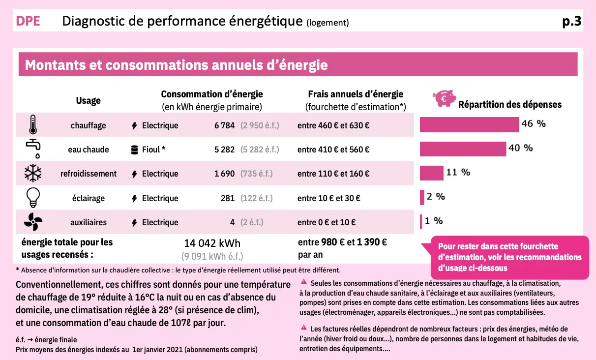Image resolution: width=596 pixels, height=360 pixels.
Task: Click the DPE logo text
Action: click(x=28, y=22)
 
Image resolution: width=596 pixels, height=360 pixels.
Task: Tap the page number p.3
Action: click(x=571, y=22)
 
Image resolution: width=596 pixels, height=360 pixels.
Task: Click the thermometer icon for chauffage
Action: click(x=33, y=125)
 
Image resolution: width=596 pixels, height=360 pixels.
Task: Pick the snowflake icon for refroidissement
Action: click(x=33, y=174)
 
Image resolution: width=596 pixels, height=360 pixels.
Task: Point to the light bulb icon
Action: click(x=33, y=198)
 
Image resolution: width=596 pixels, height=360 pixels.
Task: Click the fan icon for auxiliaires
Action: click(x=33, y=222)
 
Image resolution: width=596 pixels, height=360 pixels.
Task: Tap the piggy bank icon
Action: click(x=444, y=98)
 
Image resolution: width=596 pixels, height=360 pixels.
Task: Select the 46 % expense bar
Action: click(x=469, y=125)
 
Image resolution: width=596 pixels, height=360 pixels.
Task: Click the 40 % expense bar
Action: click(x=463, y=149)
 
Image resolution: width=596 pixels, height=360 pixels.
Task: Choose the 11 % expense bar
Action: click(x=431, y=173)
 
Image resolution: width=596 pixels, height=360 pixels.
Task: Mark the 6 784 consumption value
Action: click(x=224, y=125)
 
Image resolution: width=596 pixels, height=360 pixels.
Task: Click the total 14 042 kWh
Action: click(x=212, y=243)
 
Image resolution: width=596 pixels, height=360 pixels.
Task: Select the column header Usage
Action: click(x=88, y=100)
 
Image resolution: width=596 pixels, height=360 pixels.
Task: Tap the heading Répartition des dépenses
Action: click(x=509, y=104)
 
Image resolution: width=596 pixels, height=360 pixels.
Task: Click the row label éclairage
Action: click(x=88, y=198)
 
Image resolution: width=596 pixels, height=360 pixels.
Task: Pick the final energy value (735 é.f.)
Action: click(x=256, y=174)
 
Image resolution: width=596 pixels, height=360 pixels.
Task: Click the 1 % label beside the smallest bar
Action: click(x=434, y=221)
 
